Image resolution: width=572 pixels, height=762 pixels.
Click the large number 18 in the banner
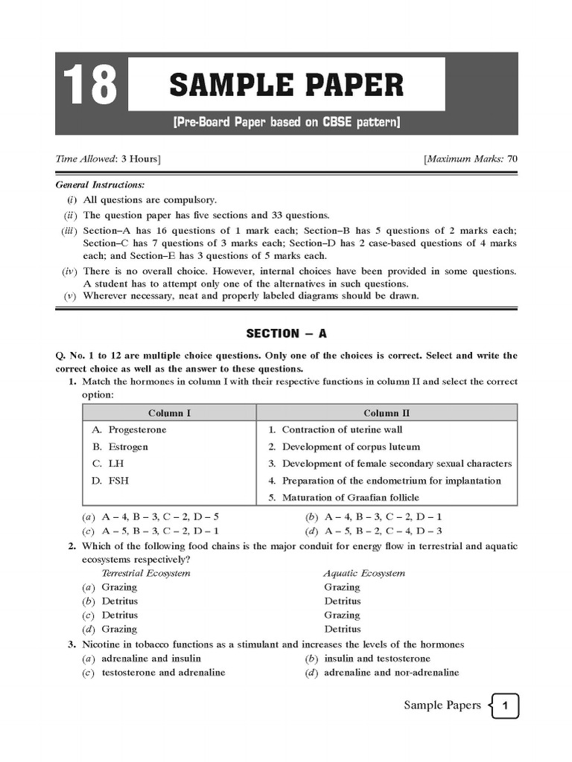click(91, 84)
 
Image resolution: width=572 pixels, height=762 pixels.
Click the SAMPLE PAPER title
click(286, 85)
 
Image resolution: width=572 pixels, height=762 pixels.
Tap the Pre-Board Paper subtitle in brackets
click(286, 122)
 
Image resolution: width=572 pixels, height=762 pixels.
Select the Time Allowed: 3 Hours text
click(109, 159)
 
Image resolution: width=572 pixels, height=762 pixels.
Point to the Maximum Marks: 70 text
click(470, 159)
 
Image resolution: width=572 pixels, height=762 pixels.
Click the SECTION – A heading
click(286, 333)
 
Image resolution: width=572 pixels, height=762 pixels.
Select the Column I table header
click(169, 413)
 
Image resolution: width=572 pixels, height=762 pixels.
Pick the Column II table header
click(387, 413)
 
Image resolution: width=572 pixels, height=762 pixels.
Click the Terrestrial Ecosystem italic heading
click(146, 573)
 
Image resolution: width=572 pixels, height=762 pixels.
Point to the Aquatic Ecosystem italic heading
click(364, 573)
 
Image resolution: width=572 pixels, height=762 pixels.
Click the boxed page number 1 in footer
click(505, 706)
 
